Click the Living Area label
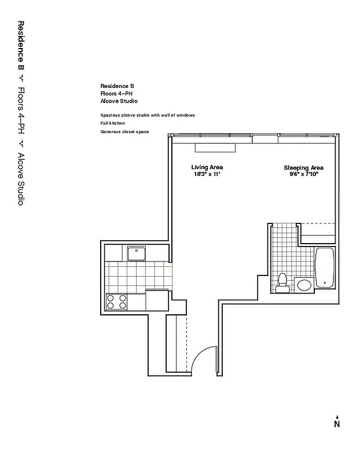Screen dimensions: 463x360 click(x=207, y=167)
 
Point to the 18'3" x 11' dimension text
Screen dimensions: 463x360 click(x=207, y=174)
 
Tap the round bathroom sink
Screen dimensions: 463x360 click(x=304, y=285)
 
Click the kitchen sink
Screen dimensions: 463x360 click(x=137, y=253)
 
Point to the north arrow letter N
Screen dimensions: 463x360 click(x=336, y=424)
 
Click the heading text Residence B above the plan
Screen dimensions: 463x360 click(x=117, y=86)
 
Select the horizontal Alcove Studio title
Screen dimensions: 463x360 click(x=119, y=100)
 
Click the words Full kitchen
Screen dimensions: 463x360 click(x=112, y=123)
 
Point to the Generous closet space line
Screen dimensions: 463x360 click(x=124, y=132)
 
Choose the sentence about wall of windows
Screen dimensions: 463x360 click(x=147, y=115)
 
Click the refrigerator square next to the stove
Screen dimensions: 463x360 click(x=156, y=300)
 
